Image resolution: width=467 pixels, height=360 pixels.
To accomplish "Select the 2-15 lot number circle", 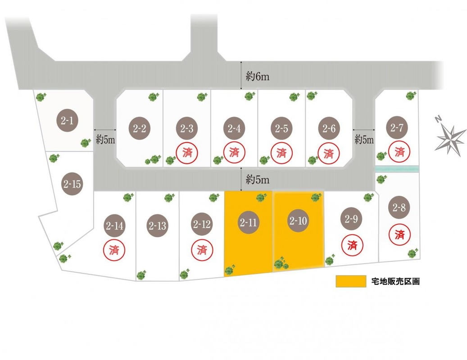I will tap(72, 184).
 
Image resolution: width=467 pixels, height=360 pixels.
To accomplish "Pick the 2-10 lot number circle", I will tap(298, 220).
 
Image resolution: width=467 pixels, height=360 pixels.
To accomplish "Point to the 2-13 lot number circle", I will tap(157, 225).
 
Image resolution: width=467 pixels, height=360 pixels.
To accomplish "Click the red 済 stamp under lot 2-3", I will tap(187, 152).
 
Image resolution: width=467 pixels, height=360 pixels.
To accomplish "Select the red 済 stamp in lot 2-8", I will tap(399, 234).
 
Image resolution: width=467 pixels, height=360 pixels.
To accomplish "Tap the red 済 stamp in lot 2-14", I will tap(114, 249).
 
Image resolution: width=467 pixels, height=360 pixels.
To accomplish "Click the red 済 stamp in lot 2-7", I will tap(399, 152).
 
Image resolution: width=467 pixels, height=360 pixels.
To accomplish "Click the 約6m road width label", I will tap(258, 76).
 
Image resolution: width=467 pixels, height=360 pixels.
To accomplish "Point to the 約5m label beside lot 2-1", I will tap(106, 139).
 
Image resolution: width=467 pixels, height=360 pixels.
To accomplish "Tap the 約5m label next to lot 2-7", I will tap(364, 139).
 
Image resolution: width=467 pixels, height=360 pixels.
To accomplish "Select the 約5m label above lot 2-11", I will tap(258, 180).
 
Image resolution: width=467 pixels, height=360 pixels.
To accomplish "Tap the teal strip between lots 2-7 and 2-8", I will tap(397, 169).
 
